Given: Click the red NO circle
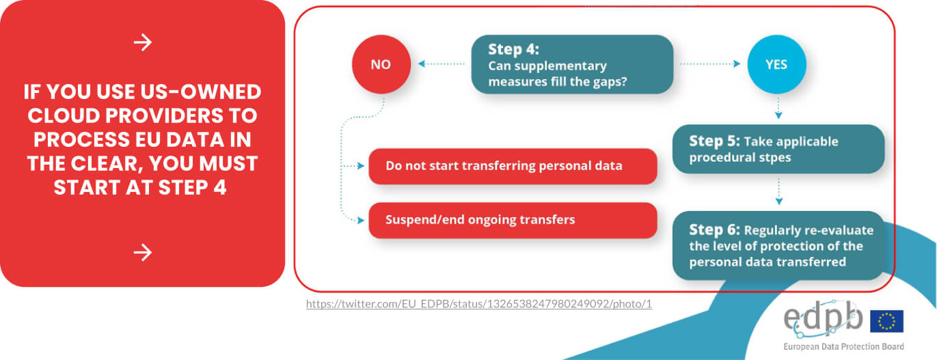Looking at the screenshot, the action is click(x=381, y=64).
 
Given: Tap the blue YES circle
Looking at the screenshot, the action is click(x=776, y=64).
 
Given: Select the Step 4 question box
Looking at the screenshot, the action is click(x=572, y=64).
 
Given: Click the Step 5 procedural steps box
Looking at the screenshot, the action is click(x=778, y=149).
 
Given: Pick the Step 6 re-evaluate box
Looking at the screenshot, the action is click(x=778, y=245).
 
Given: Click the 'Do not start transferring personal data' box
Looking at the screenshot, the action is click(x=513, y=167).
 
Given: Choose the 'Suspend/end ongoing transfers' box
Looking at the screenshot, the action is click(x=513, y=221).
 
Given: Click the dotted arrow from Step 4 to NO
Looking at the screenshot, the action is click(x=442, y=64).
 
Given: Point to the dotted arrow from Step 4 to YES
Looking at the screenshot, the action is click(x=710, y=64).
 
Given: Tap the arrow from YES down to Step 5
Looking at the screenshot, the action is click(x=778, y=109).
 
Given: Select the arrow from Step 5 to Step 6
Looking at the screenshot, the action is click(x=779, y=191).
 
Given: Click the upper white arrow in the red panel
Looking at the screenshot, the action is click(x=143, y=42).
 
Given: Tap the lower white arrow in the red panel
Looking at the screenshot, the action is click(x=143, y=253).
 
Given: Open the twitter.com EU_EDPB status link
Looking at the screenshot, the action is click(x=479, y=304).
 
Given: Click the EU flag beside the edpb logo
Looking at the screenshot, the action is click(x=887, y=321).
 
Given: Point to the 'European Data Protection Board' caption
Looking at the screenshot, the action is click(x=844, y=346).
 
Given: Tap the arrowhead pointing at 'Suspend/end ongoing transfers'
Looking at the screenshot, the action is click(x=361, y=221).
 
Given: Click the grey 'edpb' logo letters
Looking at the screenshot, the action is click(x=824, y=318).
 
